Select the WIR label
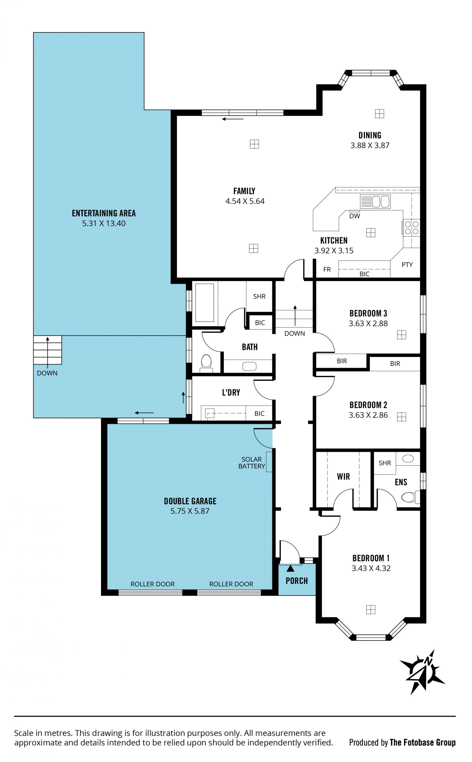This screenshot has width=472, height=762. [343, 477]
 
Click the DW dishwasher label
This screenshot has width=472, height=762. [355, 216]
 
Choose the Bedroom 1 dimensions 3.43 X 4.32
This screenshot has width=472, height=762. [371, 568]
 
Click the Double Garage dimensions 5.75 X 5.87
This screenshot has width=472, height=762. [190, 511]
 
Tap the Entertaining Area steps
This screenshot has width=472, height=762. [47, 350]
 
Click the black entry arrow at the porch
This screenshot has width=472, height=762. [290, 568]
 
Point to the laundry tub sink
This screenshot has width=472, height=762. [209, 413]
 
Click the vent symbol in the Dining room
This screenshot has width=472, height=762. [379, 114]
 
